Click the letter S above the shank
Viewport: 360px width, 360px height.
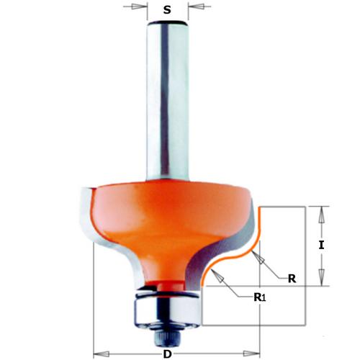pos(167,10)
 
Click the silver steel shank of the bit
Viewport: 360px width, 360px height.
pos(167,108)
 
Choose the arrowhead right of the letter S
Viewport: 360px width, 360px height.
pos(192,10)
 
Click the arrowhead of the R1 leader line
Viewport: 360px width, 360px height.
pos(211,276)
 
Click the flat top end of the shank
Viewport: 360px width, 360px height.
pos(167,22)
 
